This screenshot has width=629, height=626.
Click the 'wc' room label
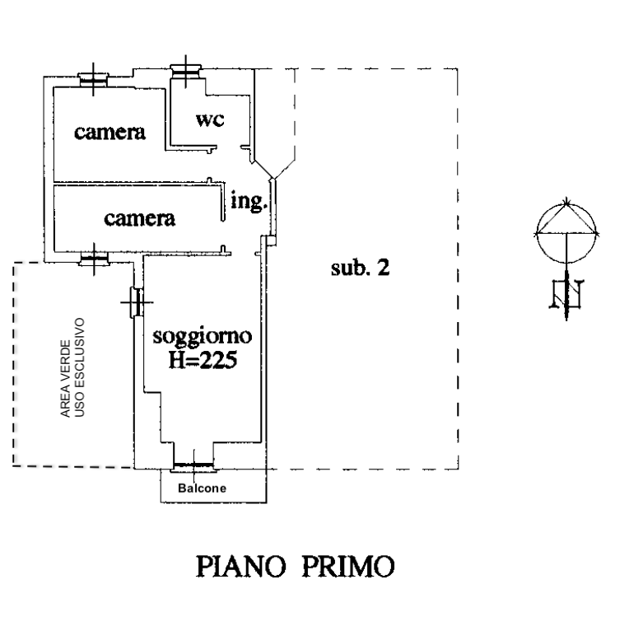[x=210, y=119]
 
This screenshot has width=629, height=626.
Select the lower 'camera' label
[x=140, y=218]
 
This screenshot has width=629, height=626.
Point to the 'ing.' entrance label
[x=250, y=202]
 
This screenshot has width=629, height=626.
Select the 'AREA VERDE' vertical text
[x=67, y=368]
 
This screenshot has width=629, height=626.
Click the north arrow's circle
[x=566, y=222]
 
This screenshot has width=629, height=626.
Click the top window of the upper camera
[x=92, y=79]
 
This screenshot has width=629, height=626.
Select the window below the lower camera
[x=92, y=261]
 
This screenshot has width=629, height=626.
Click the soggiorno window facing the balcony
[x=193, y=467]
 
